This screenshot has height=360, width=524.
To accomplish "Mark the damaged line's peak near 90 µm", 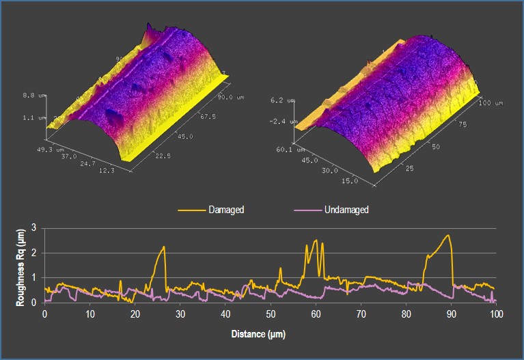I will (448, 236).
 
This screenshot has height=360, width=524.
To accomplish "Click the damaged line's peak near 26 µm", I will (165, 247).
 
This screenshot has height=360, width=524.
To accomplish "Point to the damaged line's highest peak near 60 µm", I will (316, 240).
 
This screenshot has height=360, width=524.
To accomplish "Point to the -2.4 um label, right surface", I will (280, 122).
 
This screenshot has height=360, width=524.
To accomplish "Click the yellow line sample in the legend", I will (192, 210).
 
